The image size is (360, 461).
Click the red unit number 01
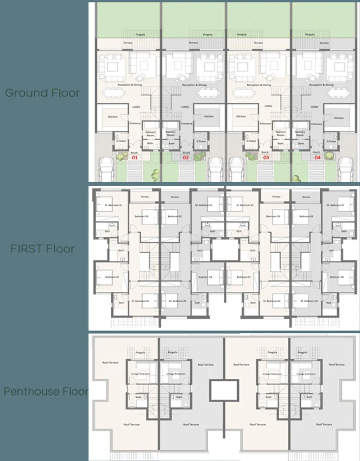click(x=135, y=158)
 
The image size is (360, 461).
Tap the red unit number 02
click(x=186, y=158)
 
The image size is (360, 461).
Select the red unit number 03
click(x=266, y=158)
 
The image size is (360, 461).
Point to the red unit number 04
click(x=317, y=158)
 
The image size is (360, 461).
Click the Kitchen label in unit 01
click(x=113, y=117)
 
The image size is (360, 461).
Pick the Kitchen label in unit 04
click(x=339, y=117)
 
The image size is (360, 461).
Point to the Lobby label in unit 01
click(x=136, y=107)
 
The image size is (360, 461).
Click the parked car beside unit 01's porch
click(x=106, y=168)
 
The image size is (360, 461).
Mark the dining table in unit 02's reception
click(x=206, y=93)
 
